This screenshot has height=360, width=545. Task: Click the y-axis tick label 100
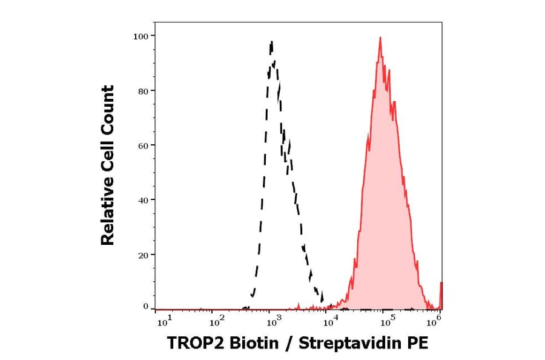click(x=140, y=36)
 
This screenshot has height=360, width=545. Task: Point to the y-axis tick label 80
click(x=143, y=91)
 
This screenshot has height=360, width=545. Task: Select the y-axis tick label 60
click(x=143, y=145)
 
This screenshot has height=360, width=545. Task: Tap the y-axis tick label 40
click(x=143, y=200)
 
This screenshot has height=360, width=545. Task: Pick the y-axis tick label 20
click(x=143, y=255)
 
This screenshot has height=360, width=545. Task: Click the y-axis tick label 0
click(x=145, y=307)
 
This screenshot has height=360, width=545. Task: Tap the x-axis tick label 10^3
click(x=274, y=318)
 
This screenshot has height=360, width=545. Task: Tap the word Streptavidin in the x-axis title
click(x=350, y=343)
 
